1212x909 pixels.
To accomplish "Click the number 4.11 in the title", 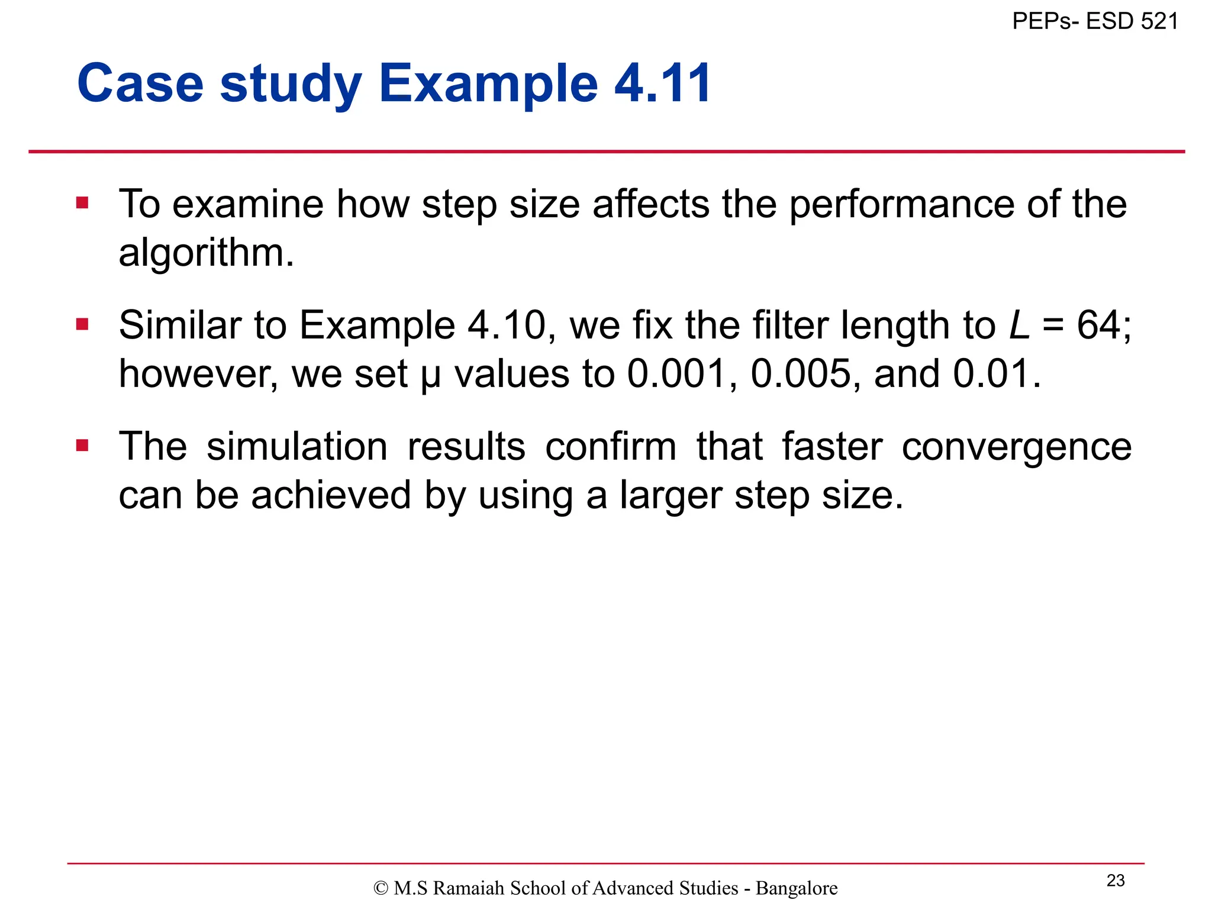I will pos(663,83).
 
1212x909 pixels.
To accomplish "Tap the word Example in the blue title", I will pos(488,83).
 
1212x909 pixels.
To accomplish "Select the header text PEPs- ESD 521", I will pos(1095,21).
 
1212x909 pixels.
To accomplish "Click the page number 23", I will pos(1116,881).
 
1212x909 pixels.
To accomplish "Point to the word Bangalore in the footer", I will pos(797,888).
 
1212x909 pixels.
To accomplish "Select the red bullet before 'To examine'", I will pos(82,204).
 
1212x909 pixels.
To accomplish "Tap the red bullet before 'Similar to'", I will pos(82,324).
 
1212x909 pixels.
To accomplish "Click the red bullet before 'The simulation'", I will pos(82,445).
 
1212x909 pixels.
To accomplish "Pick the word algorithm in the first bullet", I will pos(205,253).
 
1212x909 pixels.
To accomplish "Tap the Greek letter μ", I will pos(430,376).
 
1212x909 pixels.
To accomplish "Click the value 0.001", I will pos(677,374).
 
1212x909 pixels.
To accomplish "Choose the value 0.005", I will pos(801,374).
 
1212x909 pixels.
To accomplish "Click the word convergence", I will pos(1016,446).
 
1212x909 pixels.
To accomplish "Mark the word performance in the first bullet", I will pos(901,204).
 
